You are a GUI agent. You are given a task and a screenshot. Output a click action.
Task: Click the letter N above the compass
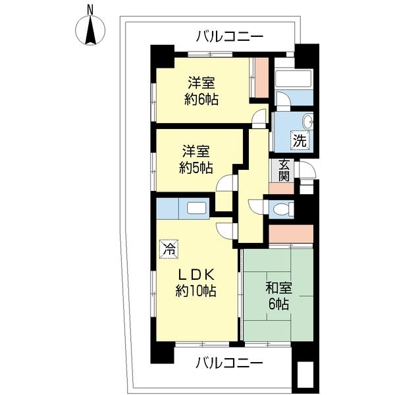click(x=90, y=10)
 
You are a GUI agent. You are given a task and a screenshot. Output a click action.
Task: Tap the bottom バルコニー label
click(x=230, y=363)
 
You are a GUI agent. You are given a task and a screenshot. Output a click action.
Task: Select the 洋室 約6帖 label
click(x=202, y=92)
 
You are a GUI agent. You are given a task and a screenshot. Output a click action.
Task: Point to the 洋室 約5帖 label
click(x=197, y=159)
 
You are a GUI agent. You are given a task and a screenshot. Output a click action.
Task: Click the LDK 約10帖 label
click(x=196, y=281)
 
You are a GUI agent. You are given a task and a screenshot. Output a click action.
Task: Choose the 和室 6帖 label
click(x=280, y=296)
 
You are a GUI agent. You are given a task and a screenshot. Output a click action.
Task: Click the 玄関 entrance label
click(x=284, y=171)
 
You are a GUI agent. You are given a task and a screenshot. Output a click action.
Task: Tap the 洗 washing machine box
click(x=300, y=140)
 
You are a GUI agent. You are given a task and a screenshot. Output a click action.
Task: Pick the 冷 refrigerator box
click(x=169, y=249)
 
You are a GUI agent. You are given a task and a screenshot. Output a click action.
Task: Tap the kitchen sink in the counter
click(x=197, y=208)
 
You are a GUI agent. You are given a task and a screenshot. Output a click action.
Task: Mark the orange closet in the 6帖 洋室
click(x=261, y=78)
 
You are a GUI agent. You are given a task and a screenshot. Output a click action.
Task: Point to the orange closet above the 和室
click(x=290, y=233)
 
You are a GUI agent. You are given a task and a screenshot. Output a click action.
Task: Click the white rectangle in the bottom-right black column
click(x=304, y=376)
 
